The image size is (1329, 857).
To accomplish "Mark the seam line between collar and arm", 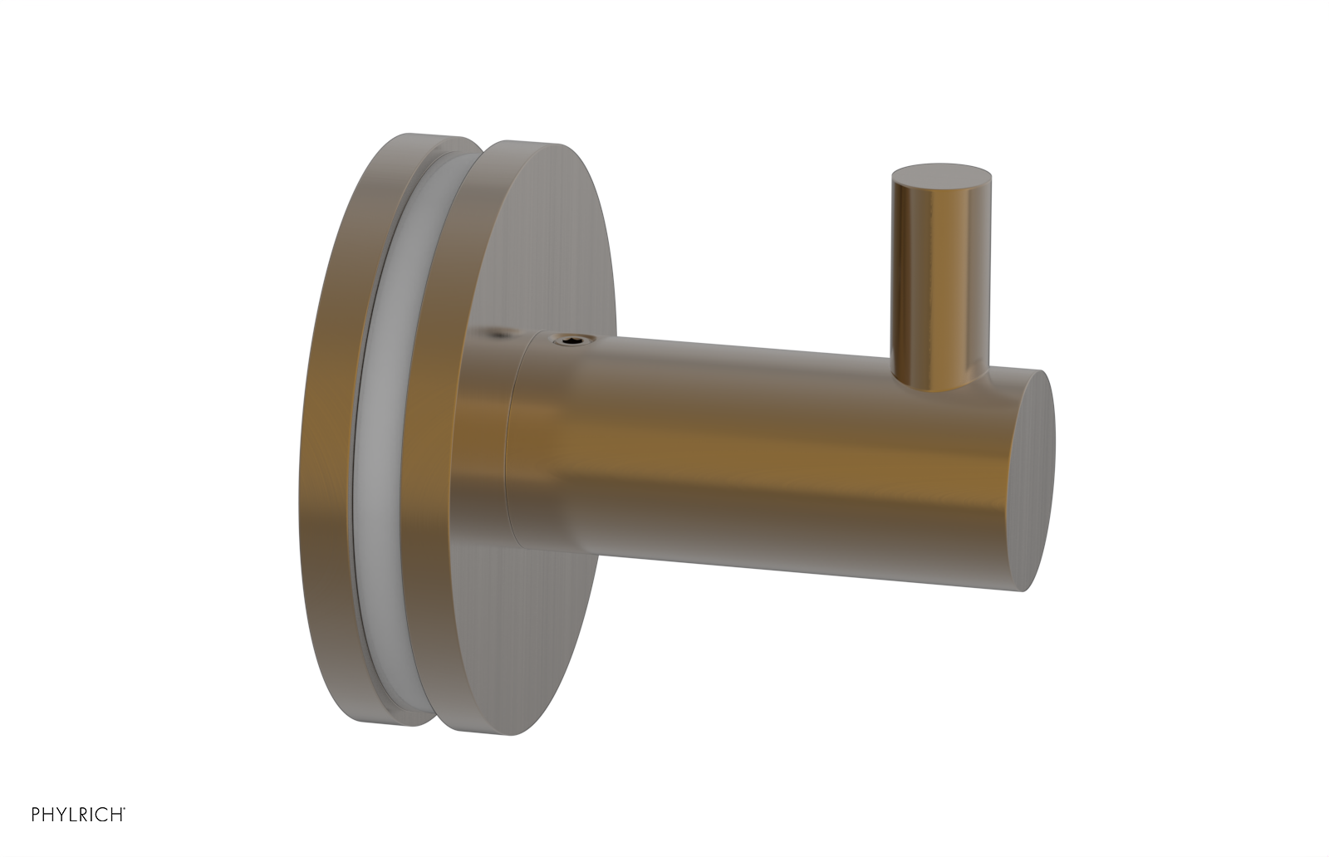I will point(508,448).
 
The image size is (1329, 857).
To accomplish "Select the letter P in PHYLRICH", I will point(36,815).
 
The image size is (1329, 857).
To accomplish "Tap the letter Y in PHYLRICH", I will point(61,815).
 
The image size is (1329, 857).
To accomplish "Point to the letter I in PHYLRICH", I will point(91,815).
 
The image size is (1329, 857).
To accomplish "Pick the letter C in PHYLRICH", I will point(101,815).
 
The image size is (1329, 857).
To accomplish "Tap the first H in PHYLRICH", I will point(48,815).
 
